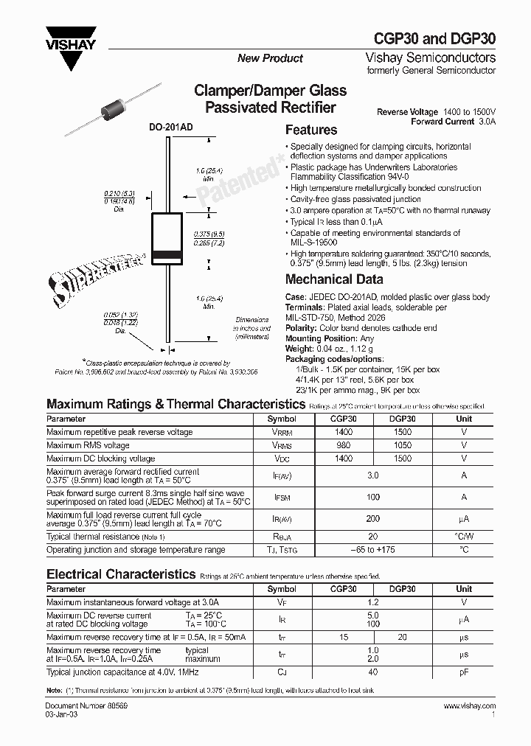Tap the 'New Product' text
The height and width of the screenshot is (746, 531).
pos(270,58)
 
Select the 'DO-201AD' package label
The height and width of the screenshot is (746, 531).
pos(171,128)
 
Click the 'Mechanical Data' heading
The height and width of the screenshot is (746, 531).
pos(333,279)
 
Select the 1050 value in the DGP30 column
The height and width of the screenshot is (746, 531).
pos(403,445)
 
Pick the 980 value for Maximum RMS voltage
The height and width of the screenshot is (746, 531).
pos(343,445)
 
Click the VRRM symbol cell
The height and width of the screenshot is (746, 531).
pos(282,432)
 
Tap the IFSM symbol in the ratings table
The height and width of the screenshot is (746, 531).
pos(282,498)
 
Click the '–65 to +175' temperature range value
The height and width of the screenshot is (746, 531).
pos(372,550)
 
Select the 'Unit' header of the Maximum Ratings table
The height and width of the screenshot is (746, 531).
pos(464,419)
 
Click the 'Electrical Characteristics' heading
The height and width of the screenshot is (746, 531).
pos(121,574)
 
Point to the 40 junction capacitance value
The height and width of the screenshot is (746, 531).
pos(372,672)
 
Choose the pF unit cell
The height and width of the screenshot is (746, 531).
pos(464,672)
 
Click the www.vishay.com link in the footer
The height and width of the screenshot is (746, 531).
pos(469,706)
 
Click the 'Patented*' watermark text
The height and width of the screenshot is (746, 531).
pos(240,175)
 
